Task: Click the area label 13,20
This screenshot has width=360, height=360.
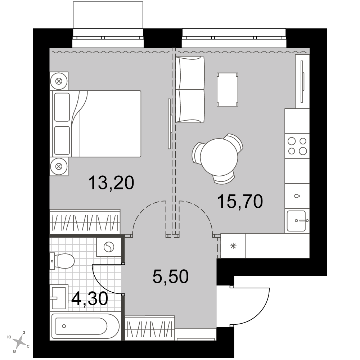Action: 111,183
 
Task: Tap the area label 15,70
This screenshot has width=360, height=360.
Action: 240,201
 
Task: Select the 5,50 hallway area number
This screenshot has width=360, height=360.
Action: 171,276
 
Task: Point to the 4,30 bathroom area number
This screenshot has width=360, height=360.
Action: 90,299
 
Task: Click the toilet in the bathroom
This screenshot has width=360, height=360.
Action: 62,261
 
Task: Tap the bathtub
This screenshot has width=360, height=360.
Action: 85,326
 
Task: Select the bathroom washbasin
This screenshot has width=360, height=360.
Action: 59,298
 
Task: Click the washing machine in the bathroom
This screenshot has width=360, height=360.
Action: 109,247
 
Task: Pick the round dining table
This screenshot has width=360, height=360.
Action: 219,157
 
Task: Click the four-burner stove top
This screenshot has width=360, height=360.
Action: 297,146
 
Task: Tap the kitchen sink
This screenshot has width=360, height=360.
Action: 297,221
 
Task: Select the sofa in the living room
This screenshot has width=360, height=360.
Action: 190,90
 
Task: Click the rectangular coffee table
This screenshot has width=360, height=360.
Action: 227,90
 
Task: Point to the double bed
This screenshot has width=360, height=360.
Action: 96,124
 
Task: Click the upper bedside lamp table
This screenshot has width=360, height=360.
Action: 59,81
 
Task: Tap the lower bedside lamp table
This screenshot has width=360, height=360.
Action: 59,166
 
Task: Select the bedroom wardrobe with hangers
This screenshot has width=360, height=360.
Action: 85,222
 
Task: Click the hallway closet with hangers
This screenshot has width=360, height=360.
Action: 150,328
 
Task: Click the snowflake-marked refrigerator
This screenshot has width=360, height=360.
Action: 233,246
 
